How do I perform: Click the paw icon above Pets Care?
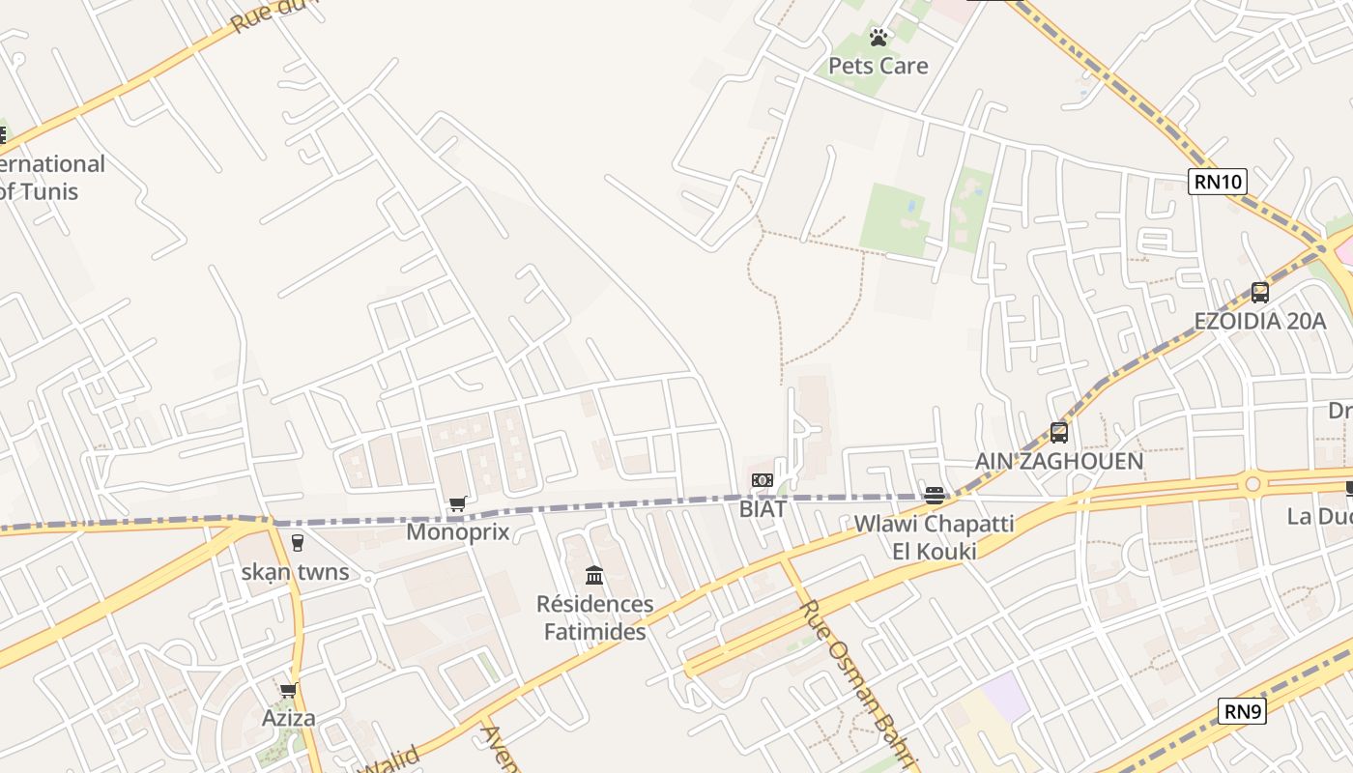(878, 38)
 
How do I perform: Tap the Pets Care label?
(878, 66)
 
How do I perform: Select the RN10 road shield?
(1218, 181)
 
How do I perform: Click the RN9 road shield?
(1242, 712)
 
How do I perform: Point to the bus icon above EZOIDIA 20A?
(1260, 292)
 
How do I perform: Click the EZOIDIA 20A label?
(1260, 321)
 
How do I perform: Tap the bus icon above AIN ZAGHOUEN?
(1059, 432)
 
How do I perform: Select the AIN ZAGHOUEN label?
(1059, 461)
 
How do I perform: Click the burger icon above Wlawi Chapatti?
(934, 496)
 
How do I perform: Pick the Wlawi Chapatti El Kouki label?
(934, 537)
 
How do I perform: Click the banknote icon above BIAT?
(763, 480)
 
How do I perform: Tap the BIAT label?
(763, 507)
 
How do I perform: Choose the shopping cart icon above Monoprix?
(458, 503)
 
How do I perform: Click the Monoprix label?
(458, 531)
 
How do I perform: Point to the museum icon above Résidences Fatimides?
(594, 576)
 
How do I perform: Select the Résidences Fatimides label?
(595, 618)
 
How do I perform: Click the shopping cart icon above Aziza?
(288, 690)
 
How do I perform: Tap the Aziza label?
(289, 718)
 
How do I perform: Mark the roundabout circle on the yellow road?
(1252, 482)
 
